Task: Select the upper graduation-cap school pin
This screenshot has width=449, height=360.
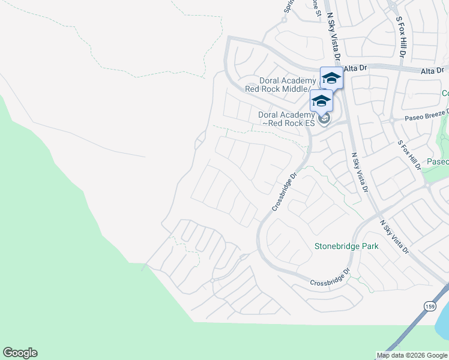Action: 331,77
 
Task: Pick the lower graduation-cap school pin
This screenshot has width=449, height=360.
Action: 321,100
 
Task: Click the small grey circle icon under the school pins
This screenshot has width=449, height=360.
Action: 324,119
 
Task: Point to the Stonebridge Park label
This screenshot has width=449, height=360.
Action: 346,246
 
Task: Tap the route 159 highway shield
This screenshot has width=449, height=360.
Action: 429,306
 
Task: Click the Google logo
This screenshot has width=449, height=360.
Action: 20,353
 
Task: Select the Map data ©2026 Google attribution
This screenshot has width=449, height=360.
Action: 412,355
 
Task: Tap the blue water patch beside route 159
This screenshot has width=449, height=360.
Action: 443,327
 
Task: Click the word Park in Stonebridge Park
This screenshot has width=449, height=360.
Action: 369,246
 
